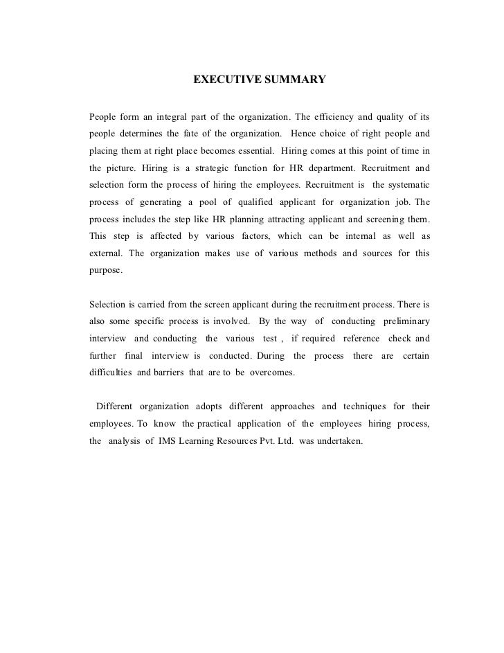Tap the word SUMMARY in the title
click(x=291, y=80)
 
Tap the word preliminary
click(x=402, y=321)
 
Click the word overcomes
click(x=273, y=373)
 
